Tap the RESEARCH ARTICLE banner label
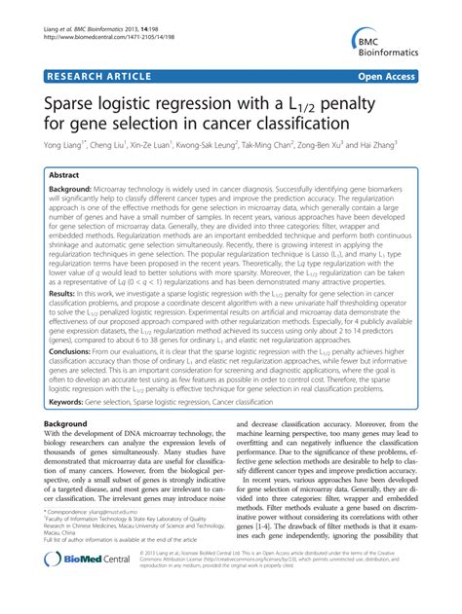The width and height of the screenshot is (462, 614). pyautogui.click(x=91, y=73)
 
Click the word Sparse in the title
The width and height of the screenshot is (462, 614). pyautogui.click(x=72, y=100)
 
